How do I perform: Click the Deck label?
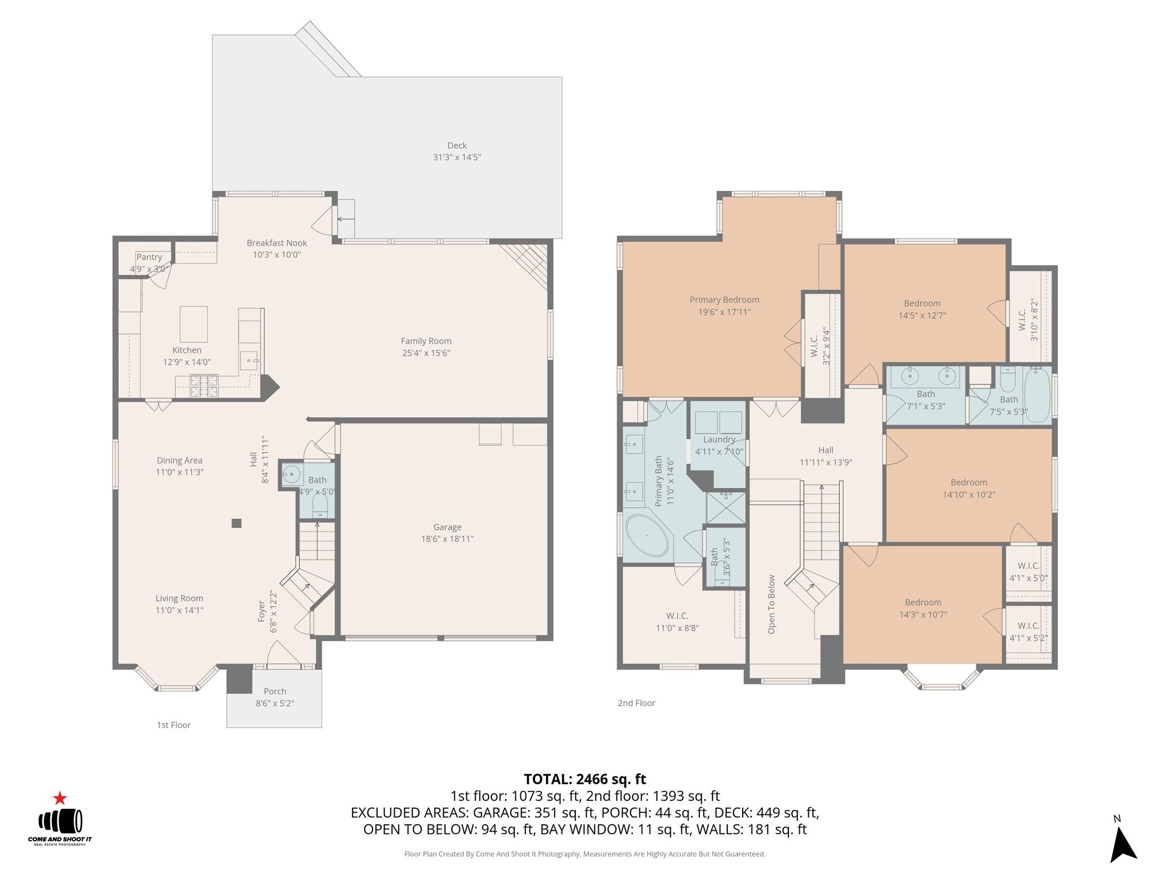[x=456, y=145]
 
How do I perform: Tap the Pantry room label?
[x=149, y=257]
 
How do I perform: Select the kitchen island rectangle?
[x=194, y=324]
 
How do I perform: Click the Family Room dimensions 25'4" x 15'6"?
[x=426, y=353]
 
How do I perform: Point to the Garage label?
[x=447, y=527]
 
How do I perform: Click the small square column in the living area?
[x=237, y=523]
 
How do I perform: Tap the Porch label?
[x=275, y=691]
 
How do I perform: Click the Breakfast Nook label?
[x=277, y=243]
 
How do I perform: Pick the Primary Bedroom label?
[x=724, y=300]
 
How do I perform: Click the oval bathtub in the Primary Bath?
[x=647, y=536]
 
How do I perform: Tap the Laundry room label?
[x=719, y=440]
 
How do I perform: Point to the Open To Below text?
[x=772, y=604]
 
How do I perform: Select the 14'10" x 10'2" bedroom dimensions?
[x=968, y=495]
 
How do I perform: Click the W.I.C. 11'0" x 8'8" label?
[x=677, y=621]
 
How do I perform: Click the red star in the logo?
[x=60, y=799]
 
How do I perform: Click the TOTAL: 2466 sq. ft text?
[x=584, y=779]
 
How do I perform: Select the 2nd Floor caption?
[x=636, y=703]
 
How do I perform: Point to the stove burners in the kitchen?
[x=203, y=385]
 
